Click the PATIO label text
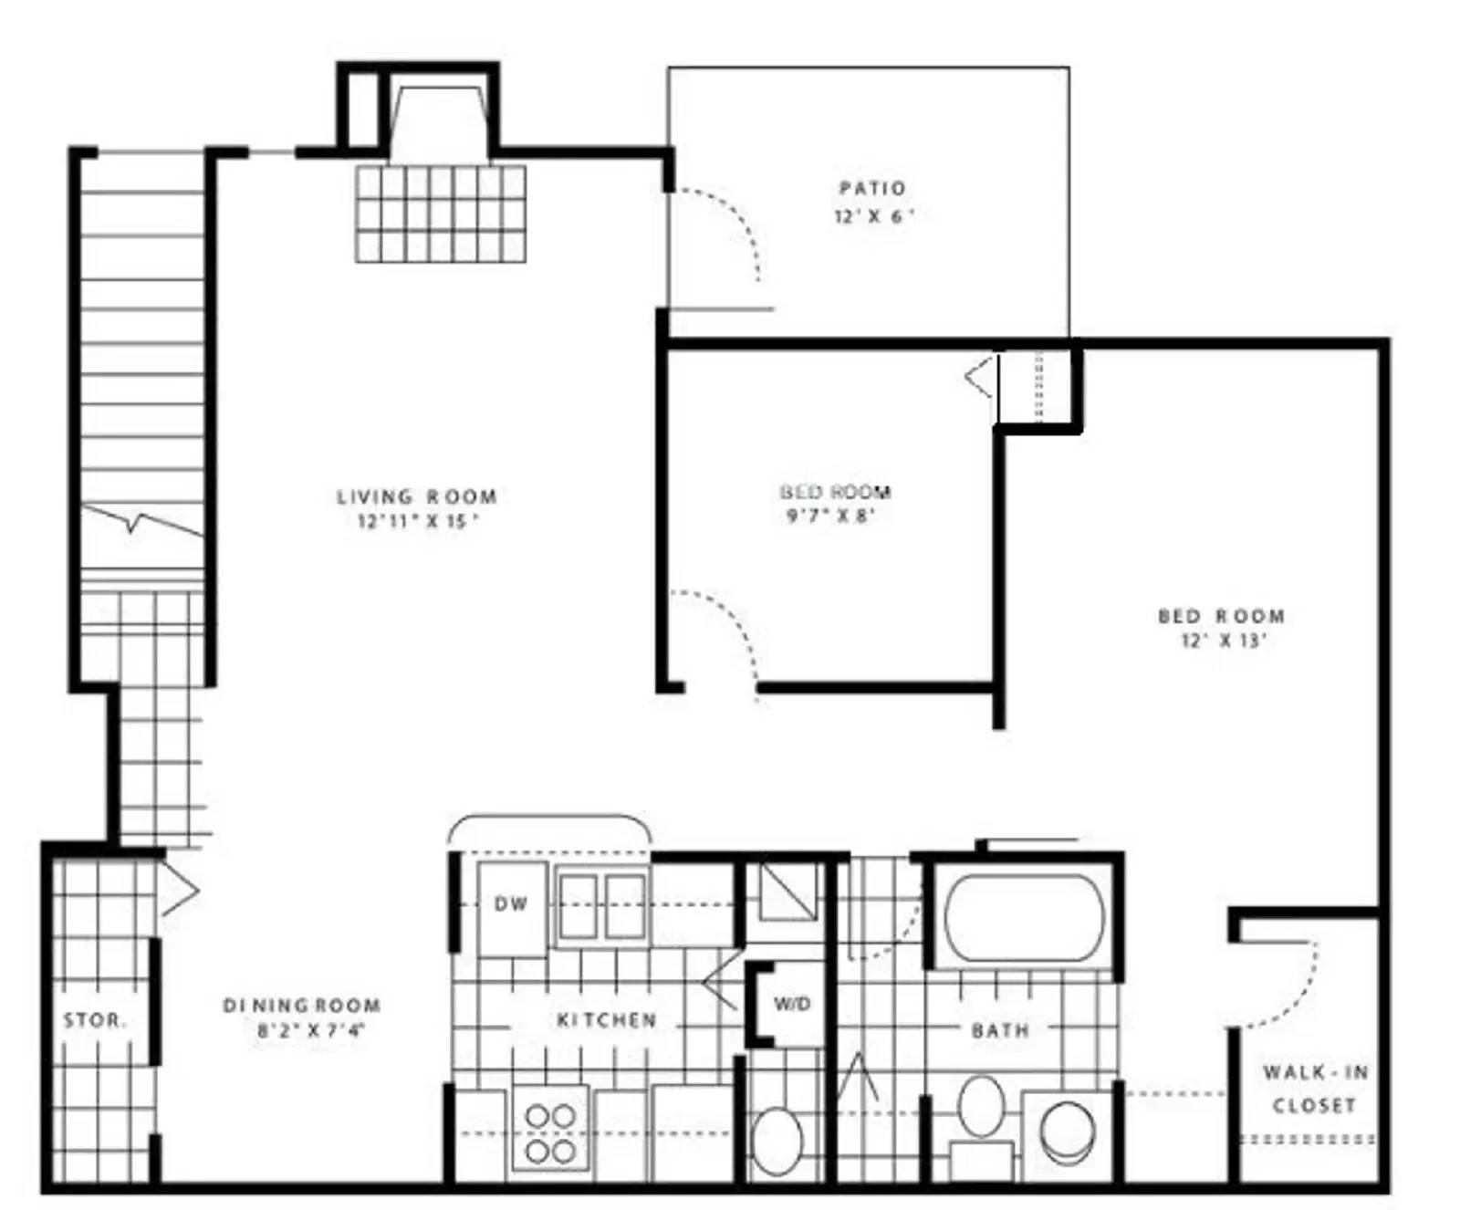coord(872,188)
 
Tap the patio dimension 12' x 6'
coord(872,216)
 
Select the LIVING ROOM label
coord(416,496)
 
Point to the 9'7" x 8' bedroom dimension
coord(831,516)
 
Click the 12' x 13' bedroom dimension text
coord(1222,640)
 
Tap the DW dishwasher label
coord(511,903)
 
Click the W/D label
coord(792,1004)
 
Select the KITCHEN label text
coord(606,1019)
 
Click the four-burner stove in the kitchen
coord(550,1133)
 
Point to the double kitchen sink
coord(601,905)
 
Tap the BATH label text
coord(1000,1030)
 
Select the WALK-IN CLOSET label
coord(1315,1088)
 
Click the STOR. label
coord(94,1020)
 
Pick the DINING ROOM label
coord(301,1006)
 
